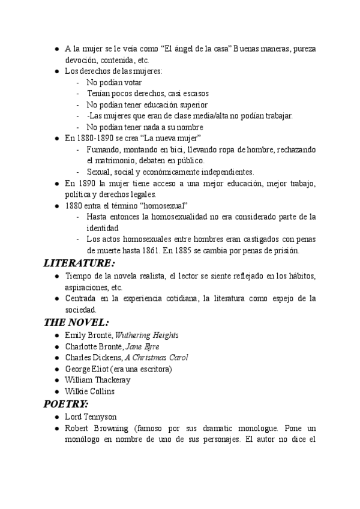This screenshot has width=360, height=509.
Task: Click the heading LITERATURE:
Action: tap(79, 263)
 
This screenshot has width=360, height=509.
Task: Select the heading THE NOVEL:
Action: tap(76, 322)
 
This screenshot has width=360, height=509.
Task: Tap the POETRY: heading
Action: tap(66, 403)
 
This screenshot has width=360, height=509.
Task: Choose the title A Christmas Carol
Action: tap(157, 358)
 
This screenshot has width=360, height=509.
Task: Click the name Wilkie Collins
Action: tap(89, 391)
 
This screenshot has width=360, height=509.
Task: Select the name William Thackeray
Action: tap(98, 380)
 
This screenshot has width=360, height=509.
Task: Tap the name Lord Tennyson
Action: tap(91, 417)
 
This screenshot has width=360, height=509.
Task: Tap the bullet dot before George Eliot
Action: tap(56, 369)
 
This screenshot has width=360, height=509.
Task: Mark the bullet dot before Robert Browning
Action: tap(56, 429)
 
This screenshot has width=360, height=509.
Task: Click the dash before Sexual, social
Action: tap(78, 172)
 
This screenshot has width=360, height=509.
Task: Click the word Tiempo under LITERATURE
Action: tap(78, 276)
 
